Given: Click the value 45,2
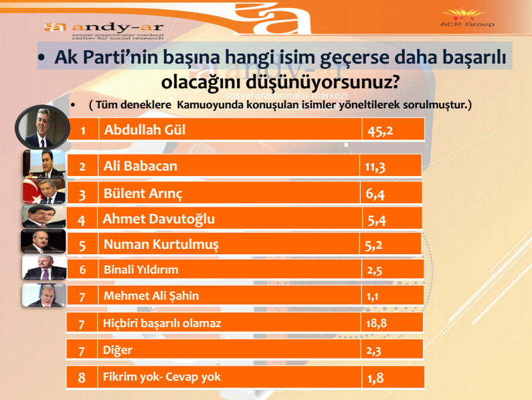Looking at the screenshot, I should (x=379, y=130).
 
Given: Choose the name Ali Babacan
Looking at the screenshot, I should (x=140, y=166).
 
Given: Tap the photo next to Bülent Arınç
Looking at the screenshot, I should (x=44, y=191).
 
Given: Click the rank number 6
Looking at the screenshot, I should (x=82, y=270).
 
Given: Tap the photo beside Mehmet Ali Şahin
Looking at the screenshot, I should (x=44, y=295).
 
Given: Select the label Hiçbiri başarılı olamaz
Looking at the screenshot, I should (x=162, y=323).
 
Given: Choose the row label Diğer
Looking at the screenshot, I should (x=118, y=350).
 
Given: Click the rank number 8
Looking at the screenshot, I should (x=82, y=377).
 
